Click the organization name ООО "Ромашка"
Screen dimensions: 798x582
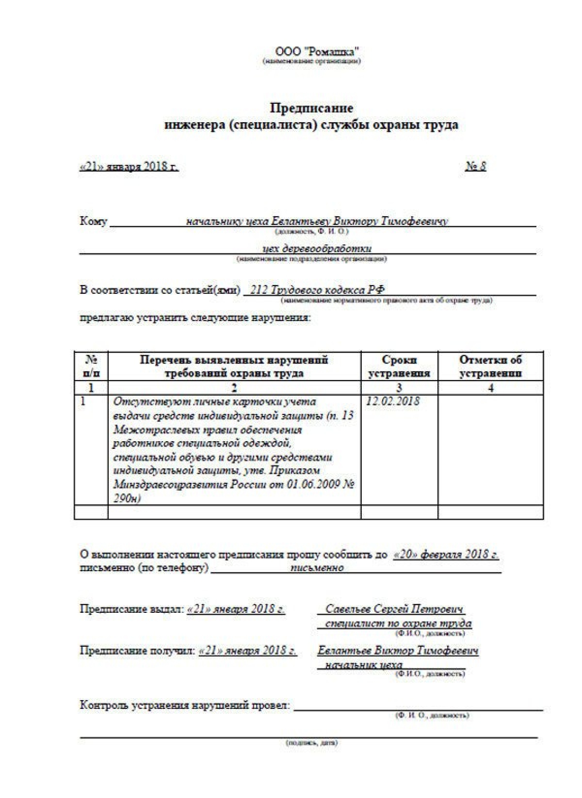(x=318, y=51)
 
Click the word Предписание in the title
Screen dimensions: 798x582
(x=311, y=107)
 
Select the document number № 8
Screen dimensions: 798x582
(x=476, y=167)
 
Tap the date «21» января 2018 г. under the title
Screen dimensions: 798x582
(x=129, y=167)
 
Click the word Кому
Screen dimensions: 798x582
(x=93, y=222)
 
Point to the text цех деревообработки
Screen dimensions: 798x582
(x=317, y=249)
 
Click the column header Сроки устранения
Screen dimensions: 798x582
(x=399, y=367)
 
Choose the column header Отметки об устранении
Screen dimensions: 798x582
(x=490, y=367)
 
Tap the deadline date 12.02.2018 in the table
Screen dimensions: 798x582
(x=393, y=401)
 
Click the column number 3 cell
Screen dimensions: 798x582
(x=399, y=388)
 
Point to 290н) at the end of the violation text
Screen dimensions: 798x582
(x=127, y=498)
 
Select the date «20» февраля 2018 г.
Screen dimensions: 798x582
(x=446, y=555)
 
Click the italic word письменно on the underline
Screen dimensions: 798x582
(x=317, y=568)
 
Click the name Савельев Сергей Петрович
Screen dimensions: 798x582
(x=394, y=609)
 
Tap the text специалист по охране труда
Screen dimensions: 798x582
(x=398, y=623)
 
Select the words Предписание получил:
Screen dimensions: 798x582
(x=137, y=651)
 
